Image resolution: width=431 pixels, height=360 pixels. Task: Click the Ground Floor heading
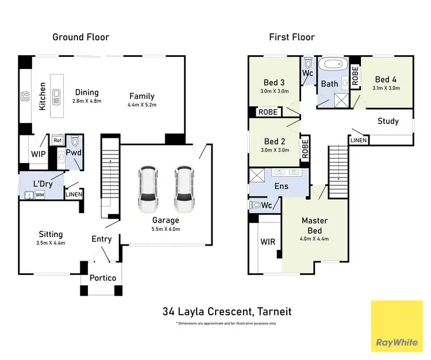[x=80, y=37]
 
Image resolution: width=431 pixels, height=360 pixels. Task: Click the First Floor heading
[x=292, y=37]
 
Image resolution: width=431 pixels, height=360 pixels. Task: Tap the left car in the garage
[x=148, y=189]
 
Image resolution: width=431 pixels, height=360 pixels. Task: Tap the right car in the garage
[x=184, y=189]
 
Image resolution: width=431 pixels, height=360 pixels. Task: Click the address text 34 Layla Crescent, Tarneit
[x=226, y=312]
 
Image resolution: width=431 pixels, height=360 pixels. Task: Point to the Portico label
[x=103, y=278]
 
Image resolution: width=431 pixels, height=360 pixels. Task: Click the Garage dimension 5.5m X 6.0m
[x=166, y=229]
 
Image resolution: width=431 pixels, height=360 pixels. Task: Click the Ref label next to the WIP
[x=57, y=141]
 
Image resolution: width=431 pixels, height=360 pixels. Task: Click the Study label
[x=388, y=121]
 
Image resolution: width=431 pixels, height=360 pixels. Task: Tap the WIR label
[x=268, y=242]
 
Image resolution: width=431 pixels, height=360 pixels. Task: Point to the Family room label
[x=141, y=96]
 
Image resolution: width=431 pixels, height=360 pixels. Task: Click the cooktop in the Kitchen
[x=25, y=96]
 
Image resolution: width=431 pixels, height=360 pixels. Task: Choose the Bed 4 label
[x=386, y=79]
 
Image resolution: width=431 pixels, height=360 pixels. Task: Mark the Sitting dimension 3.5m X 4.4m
[x=51, y=243]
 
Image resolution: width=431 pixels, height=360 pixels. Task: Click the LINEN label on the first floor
[x=357, y=141]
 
